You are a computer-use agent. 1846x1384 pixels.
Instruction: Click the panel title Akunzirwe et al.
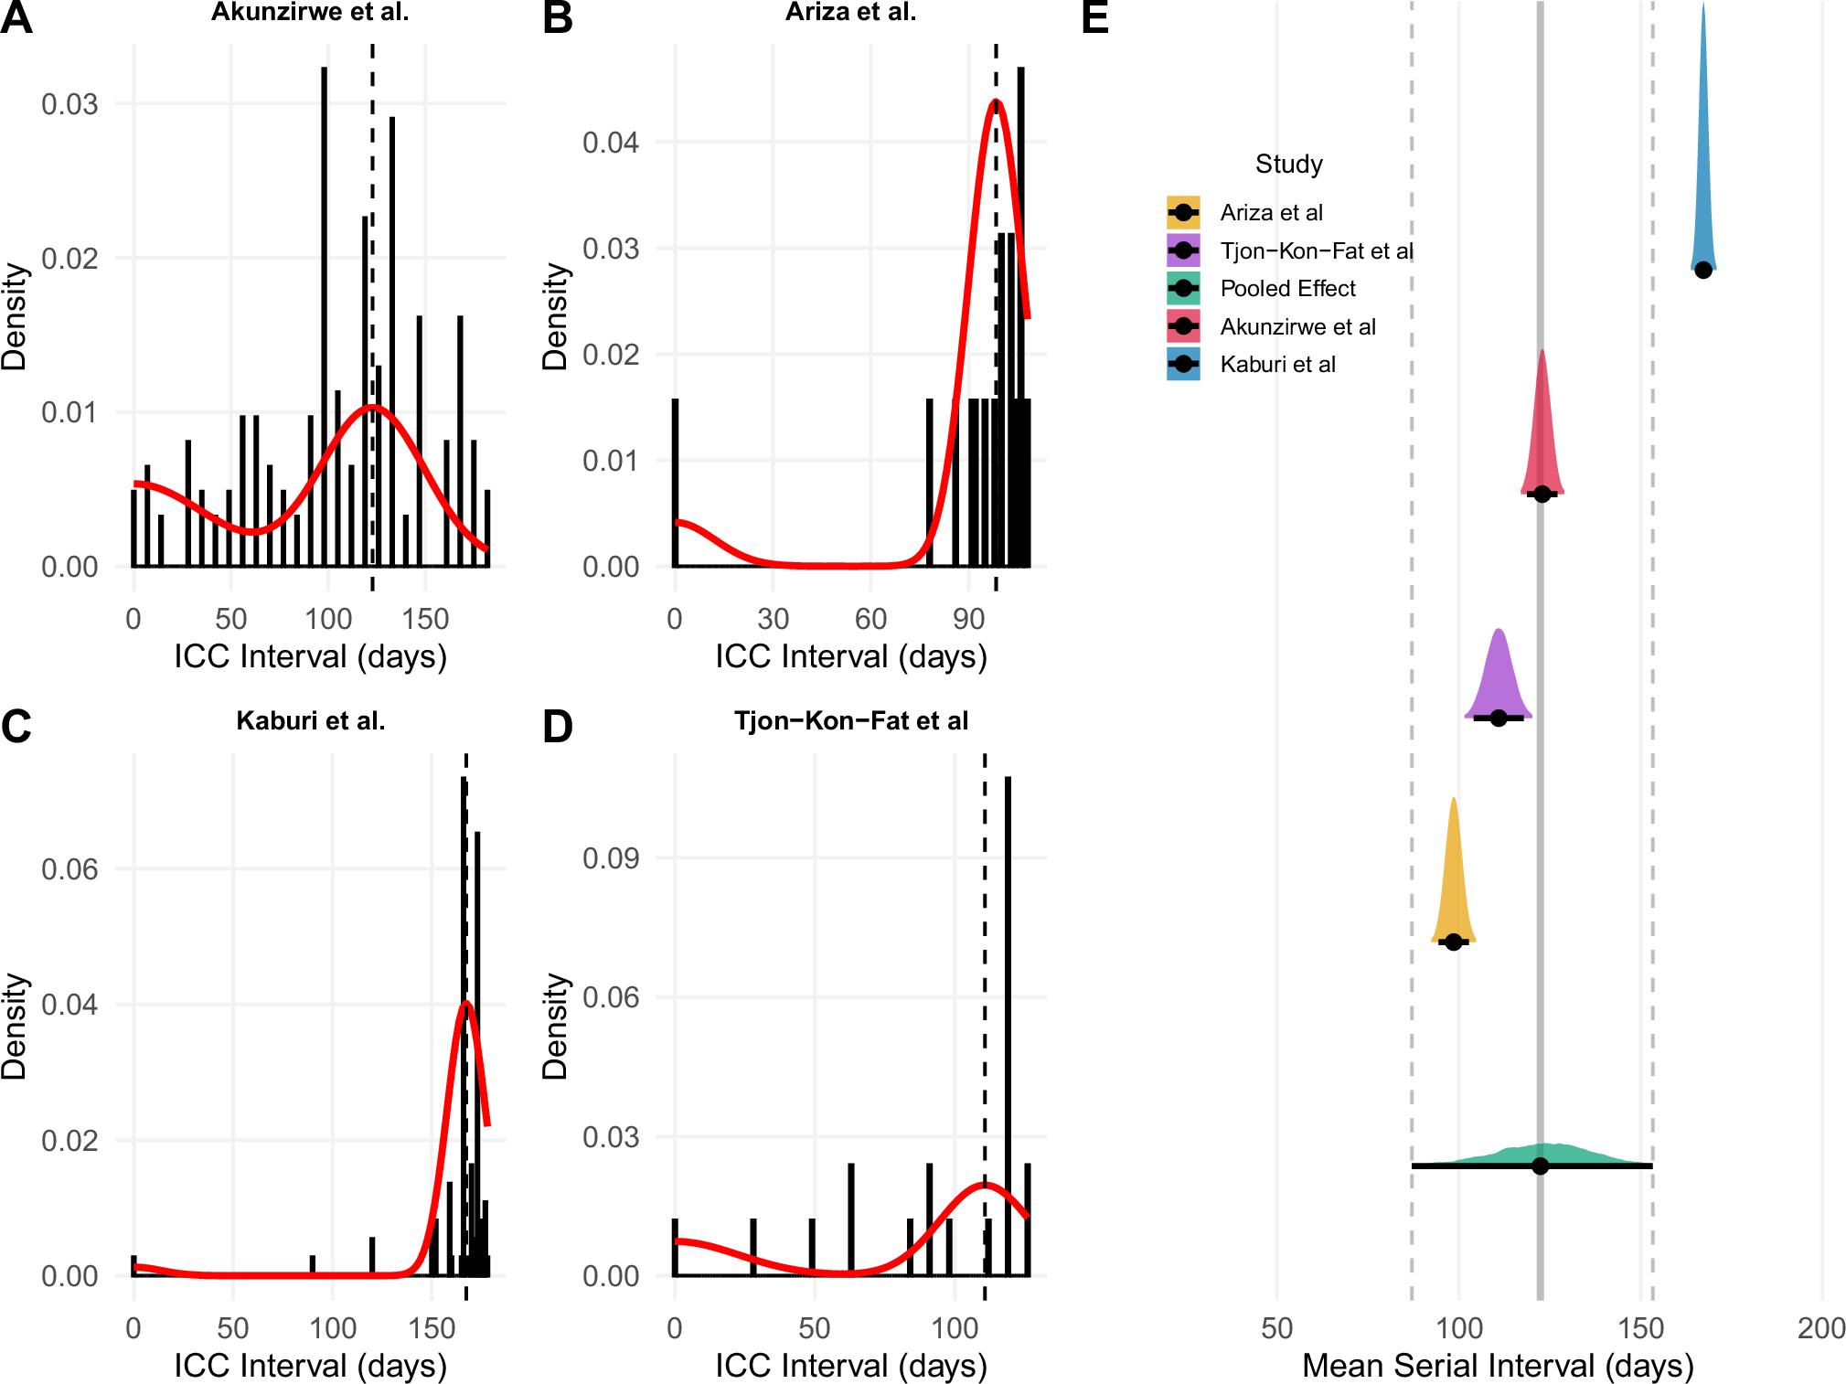[310, 12]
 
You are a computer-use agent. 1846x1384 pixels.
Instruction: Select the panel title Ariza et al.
[850, 12]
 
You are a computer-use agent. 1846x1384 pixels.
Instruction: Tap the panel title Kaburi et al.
[310, 720]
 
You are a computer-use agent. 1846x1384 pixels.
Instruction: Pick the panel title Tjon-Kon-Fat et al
[850, 720]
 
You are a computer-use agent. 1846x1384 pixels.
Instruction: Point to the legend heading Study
[1288, 164]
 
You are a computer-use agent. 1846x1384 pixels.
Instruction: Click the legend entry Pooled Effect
[1287, 288]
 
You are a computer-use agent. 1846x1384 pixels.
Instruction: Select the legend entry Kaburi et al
[1277, 364]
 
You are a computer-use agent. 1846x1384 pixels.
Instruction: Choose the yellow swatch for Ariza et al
[1183, 212]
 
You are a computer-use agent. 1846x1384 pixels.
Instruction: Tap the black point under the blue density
[1702, 270]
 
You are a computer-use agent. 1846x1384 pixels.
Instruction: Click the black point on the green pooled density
[1541, 1166]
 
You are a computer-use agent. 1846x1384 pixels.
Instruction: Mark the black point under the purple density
[1499, 718]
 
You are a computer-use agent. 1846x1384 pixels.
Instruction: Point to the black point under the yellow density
[1454, 942]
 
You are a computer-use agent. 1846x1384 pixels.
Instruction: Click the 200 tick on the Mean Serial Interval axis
[1820, 1327]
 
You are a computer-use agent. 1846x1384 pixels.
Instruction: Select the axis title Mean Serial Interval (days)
[1498, 1365]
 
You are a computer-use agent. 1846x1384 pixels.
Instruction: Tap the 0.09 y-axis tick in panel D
[611, 857]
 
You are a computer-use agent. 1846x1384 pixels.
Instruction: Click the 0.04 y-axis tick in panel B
[611, 142]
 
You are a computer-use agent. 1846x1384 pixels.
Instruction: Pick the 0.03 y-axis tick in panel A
[69, 103]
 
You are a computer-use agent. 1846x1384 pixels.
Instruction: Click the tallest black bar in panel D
[1008, 1024]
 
